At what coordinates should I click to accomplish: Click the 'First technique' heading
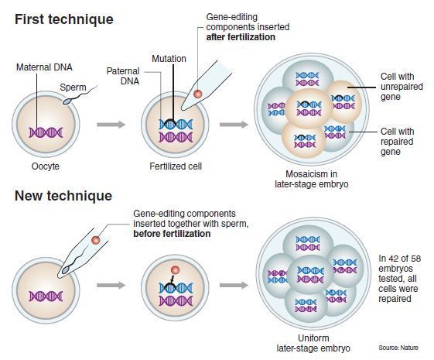tap(64, 19)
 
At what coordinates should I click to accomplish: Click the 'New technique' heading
tap(63, 196)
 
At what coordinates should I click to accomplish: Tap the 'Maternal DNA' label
tap(44, 67)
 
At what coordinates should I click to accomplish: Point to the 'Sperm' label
tap(73, 87)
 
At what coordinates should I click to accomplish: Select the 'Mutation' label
tap(169, 59)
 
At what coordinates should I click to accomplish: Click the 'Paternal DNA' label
tap(123, 76)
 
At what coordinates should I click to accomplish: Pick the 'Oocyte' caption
tap(46, 166)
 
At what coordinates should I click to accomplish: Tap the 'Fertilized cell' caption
tap(176, 166)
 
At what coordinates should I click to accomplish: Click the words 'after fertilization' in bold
tap(241, 37)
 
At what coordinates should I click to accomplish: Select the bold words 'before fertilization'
tap(172, 234)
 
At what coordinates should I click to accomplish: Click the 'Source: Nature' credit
tap(398, 348)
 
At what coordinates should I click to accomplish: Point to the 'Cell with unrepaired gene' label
tap(402, 87)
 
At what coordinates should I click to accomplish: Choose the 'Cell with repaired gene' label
tap(397, 142)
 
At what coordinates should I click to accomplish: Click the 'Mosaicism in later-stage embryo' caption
tap(312, 179)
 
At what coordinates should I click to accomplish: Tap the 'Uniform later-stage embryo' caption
tap(313, 343)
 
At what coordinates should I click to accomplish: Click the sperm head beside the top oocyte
tap(67, 101)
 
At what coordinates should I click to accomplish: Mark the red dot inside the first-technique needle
tap(197, 94)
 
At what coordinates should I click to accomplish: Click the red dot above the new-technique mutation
tap(175, 270)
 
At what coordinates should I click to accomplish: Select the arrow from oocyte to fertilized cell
tap(111, 125)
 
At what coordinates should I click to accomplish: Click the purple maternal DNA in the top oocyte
tap(46, 132)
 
